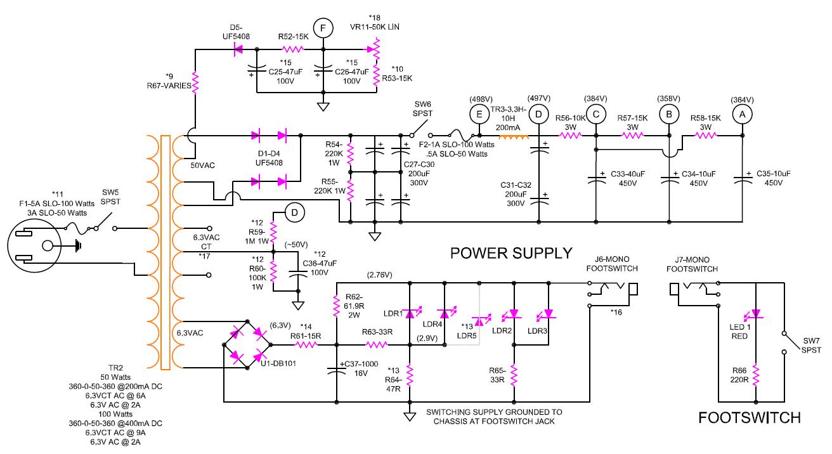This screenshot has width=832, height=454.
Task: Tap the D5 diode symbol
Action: click(x=240, y=49)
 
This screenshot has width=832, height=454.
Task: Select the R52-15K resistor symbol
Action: click(x=293, y=49)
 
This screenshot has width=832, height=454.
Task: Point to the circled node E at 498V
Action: click(x=479, y=113)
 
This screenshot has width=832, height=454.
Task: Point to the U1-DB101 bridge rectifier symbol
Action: click(x=247, y=345)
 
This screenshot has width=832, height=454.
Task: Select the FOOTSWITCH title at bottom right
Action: click(x=749, y=418)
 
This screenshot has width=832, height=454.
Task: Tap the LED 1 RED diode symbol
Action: click(x=756, y=314)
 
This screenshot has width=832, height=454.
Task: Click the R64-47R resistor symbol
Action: click(x=410, y=375)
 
